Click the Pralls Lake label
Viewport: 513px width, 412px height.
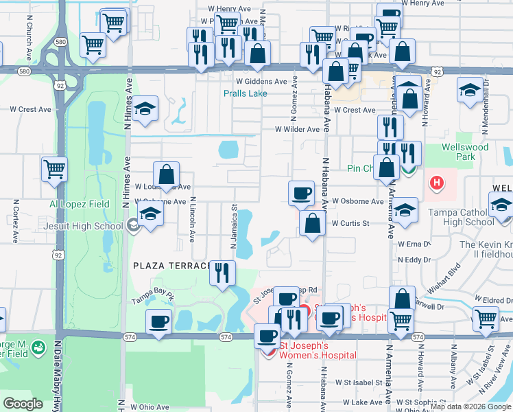[x=245, y=93]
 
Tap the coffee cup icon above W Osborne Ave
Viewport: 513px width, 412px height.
[x=301, y=193]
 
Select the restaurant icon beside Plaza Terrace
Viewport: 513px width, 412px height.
[x=222, y=272]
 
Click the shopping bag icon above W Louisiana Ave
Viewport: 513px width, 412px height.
[x=166, y=174]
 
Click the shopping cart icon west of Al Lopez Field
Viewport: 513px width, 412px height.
[x=54, y=168]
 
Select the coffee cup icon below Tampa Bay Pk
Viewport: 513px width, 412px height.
[x=159, y=321]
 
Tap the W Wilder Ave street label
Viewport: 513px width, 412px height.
[x=297, y=128]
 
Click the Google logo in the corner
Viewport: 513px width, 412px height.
[x=23, y=404]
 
